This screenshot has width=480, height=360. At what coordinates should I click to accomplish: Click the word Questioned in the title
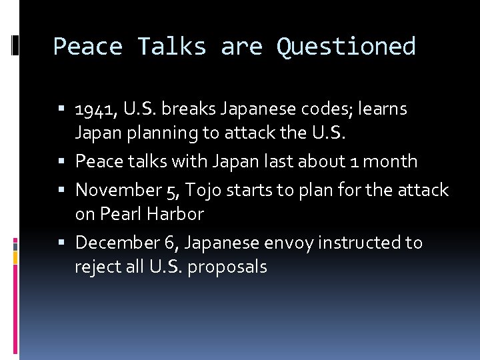[346, 47]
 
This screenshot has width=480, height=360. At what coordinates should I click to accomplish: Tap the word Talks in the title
[172, 47]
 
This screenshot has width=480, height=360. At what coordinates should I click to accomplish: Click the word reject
[95, 267]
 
